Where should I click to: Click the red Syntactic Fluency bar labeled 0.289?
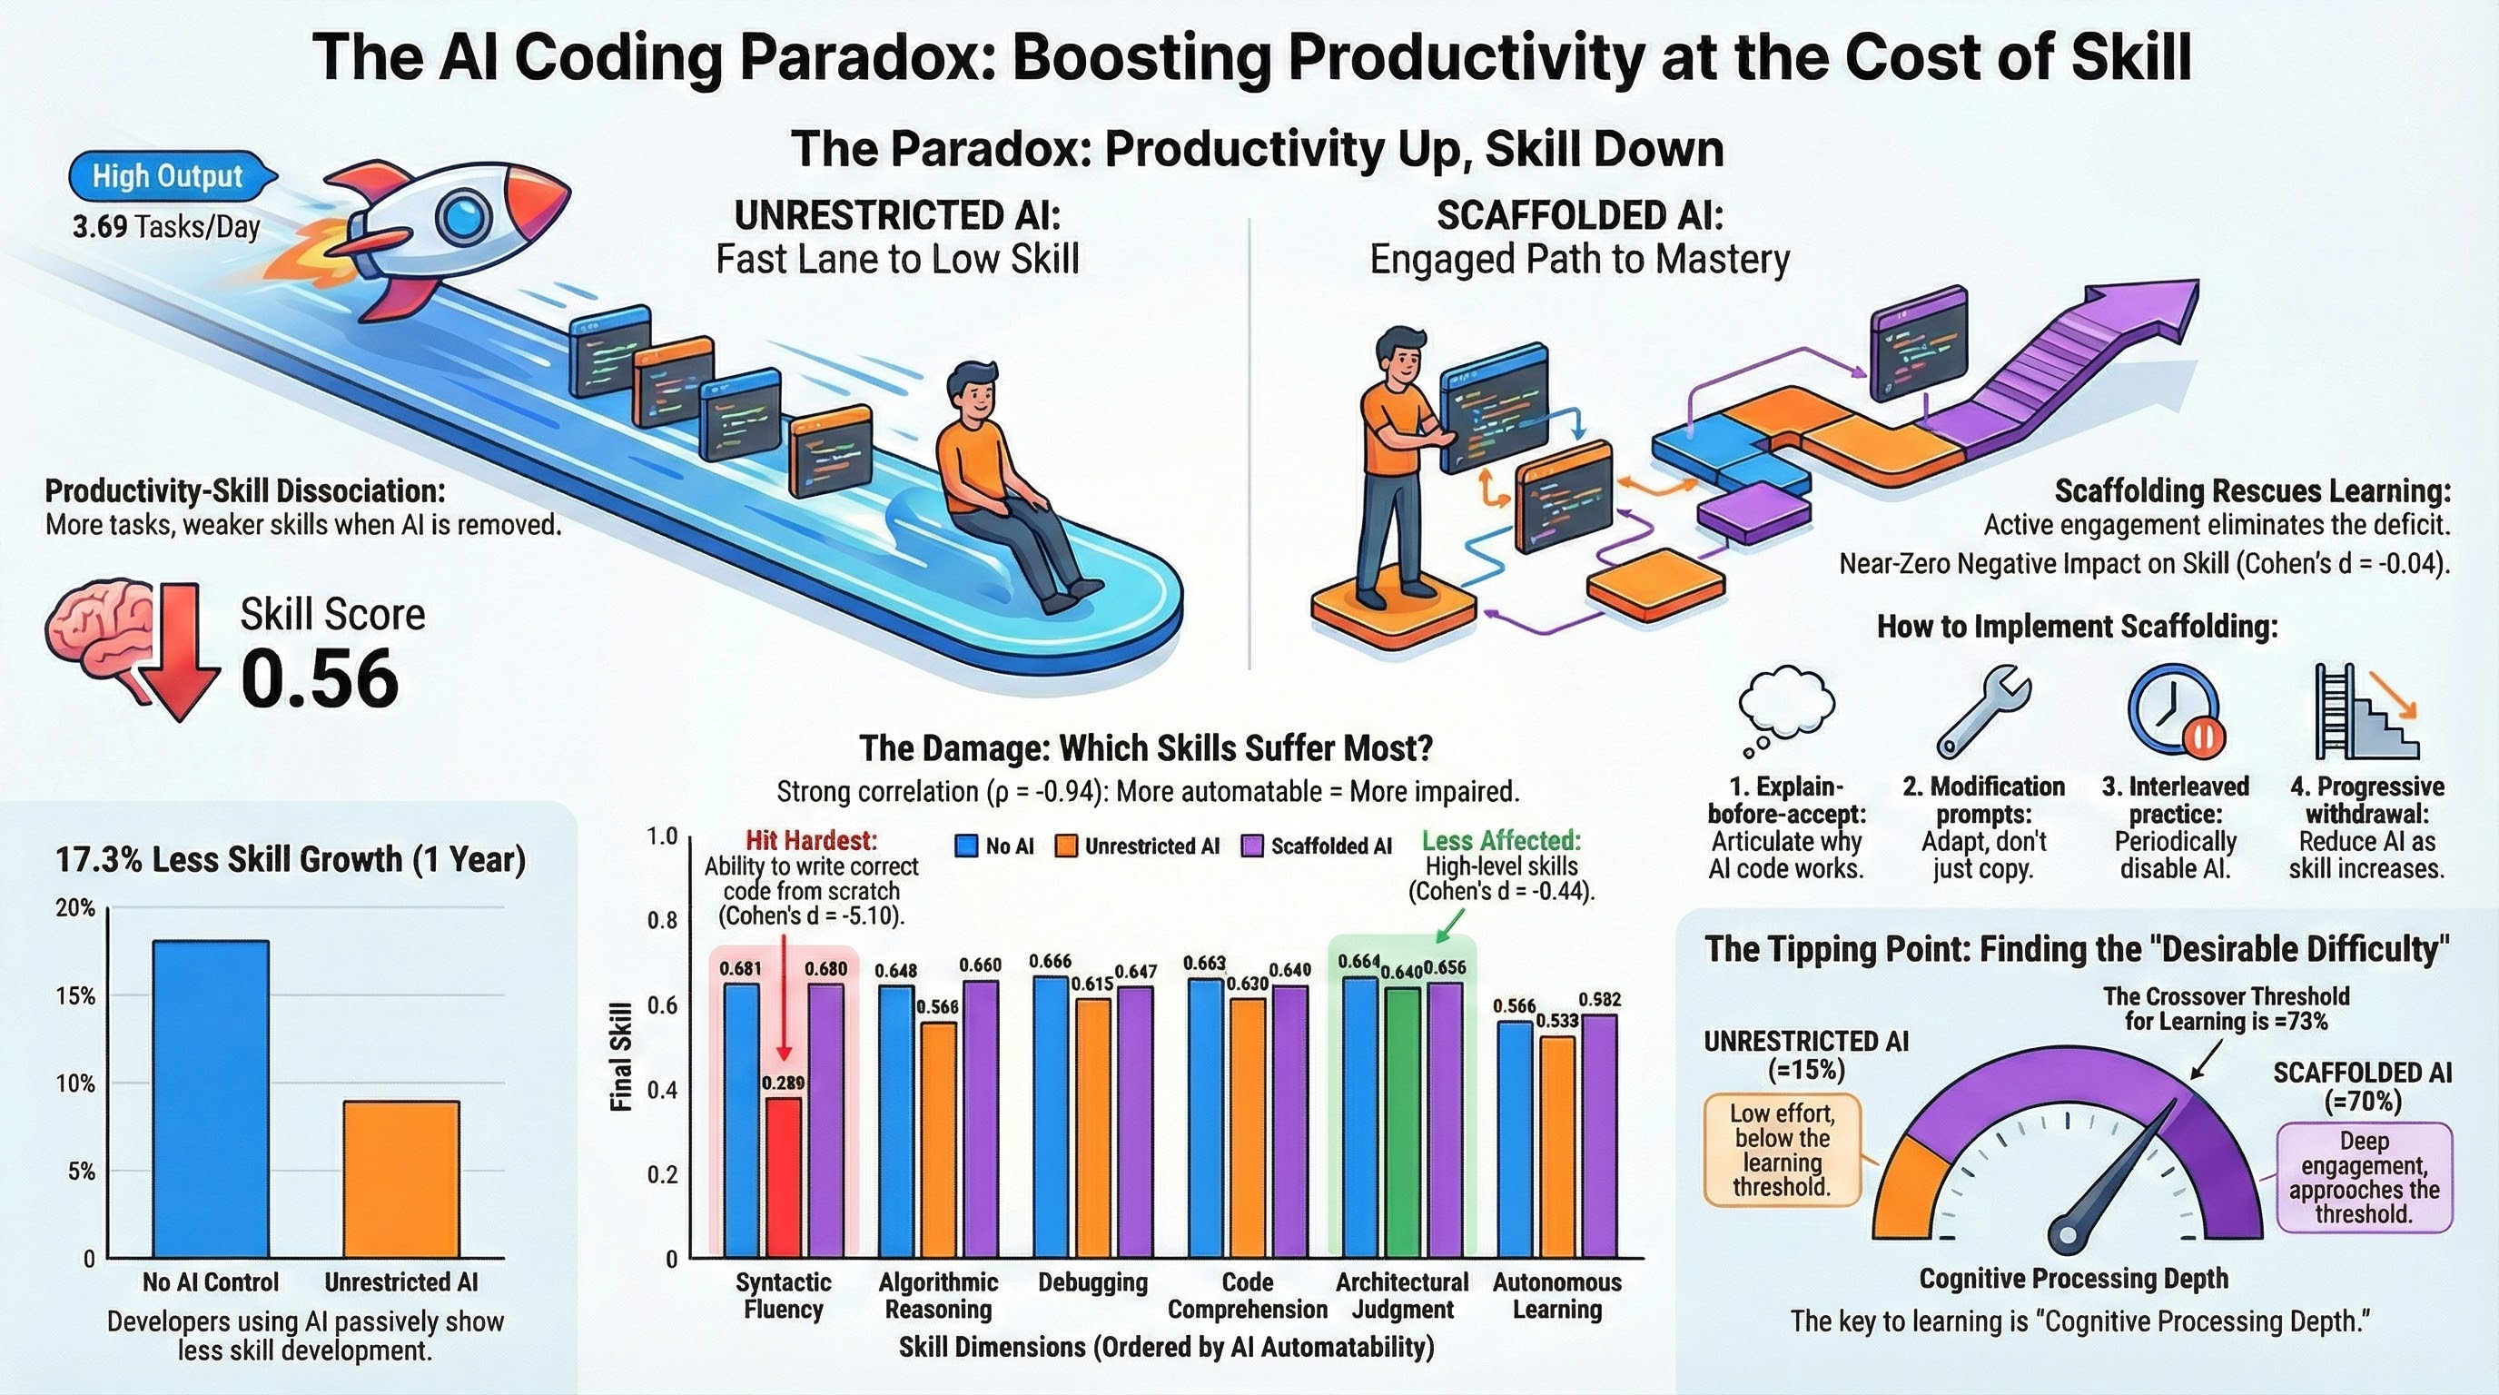(784, 1178)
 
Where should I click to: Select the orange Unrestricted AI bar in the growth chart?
(400, 1179)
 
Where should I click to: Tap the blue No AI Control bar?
(211, 1098)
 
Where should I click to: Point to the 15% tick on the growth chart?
(75, 996)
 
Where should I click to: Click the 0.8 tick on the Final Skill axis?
(663, 920)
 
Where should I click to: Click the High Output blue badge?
(168, 176)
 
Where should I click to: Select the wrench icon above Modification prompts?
(1982, 710)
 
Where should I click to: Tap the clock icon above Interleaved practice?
(2174, 710)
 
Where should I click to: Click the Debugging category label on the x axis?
(1092, 1282)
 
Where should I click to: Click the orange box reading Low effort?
(1783, 1151)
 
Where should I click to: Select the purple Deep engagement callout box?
(2363, 1178)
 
